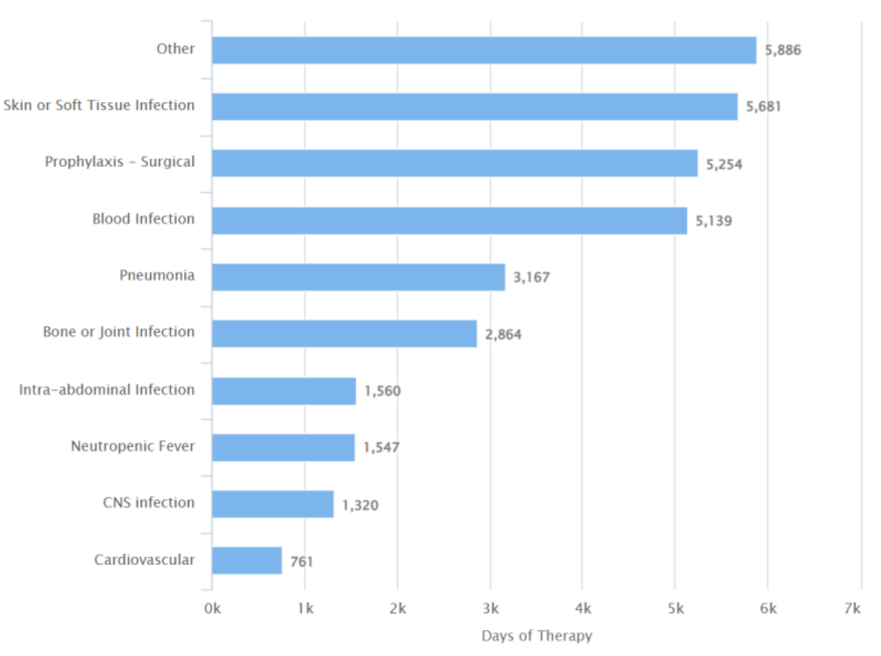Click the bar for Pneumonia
click(358, 277)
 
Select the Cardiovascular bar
click(247, 560)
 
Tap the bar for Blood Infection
click(449, 221)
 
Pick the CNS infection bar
click(273, 504)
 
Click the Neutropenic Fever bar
click(283, 448)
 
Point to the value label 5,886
click(782, 50)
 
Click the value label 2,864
click(503, 335)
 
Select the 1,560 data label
click(382, 391)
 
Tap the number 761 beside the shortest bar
click(301, 562)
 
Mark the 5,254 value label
click(724, 164)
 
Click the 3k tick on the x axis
click(491, 609)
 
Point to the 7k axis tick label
click(852, 609)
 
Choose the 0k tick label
click(212, 609)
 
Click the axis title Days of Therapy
click(536, 636)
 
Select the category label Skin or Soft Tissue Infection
click(99, 105)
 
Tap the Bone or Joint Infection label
click(118, 332)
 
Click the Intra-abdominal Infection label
click(106, 390)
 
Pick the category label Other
click(175, 49)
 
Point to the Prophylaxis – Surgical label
click(119, 162)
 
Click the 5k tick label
click(676, 609)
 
